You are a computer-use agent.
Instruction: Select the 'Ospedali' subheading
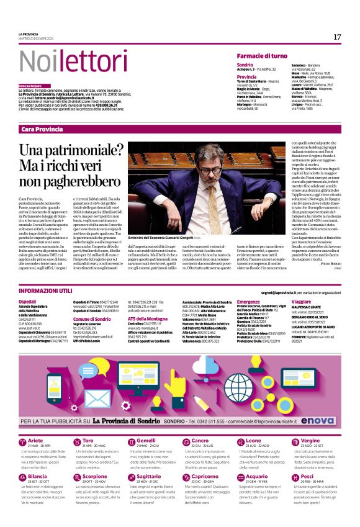tap(28, 301)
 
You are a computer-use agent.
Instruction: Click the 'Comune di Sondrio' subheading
tap(92, 318)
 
